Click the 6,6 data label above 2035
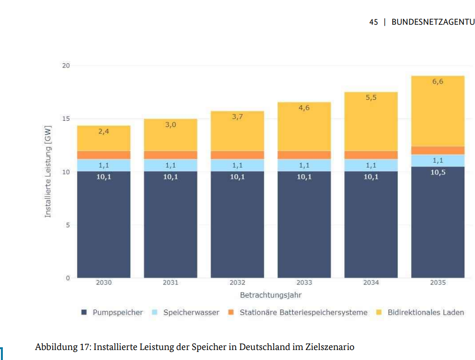tap(438, 81)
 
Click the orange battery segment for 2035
tap(438, 150)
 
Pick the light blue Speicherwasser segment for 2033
tap(304, 165)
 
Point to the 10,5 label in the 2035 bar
tap(438, 172)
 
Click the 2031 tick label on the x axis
tap(170, 282)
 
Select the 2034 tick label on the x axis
tap(371, 282)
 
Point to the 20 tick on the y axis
tap(66, 66)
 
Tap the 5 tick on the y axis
tap(68, 225)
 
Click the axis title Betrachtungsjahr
tap(271, 295)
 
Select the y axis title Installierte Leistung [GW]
tap(48, 172)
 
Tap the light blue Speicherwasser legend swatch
tap(155, 312)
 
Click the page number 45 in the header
tap(374, 22)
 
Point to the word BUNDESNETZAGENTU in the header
tap(433, 22)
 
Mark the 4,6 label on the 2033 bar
tap(304, 108)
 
